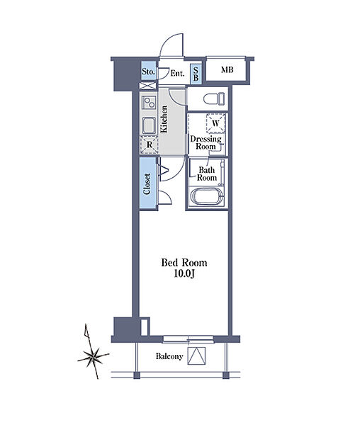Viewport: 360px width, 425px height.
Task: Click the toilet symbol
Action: [x=214, y=98]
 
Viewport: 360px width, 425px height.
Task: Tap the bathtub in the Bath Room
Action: [x=206, y=196]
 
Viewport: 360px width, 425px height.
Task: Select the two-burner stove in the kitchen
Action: [x=149, y=103]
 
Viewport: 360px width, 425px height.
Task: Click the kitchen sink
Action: [x=149, y=126]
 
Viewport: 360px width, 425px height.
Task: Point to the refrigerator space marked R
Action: [x=149, y=145]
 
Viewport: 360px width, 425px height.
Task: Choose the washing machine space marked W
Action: [x=215, y=123]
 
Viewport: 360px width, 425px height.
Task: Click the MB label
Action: [x=227, y=70]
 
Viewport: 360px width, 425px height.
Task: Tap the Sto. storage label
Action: [x=148, y=72]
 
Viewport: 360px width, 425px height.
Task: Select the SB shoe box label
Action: [x=196, y=74]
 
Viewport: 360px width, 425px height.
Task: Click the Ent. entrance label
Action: [x=178, y=73]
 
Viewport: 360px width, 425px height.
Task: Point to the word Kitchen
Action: [x=164, y=119]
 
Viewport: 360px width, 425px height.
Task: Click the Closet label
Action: [x=147, y=183]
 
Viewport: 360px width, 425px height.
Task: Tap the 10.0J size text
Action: [x=184, y=274]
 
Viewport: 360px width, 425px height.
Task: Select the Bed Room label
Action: [x=184, y=263]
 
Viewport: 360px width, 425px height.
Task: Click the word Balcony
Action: [x=169, y=356]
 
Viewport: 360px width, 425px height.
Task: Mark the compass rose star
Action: [x=93, y=358]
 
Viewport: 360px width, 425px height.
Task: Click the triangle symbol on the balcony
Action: [x=196, y=356]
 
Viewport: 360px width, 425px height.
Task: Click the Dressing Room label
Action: [x=206, y=142]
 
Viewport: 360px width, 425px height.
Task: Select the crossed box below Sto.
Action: [x=147, y=86]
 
